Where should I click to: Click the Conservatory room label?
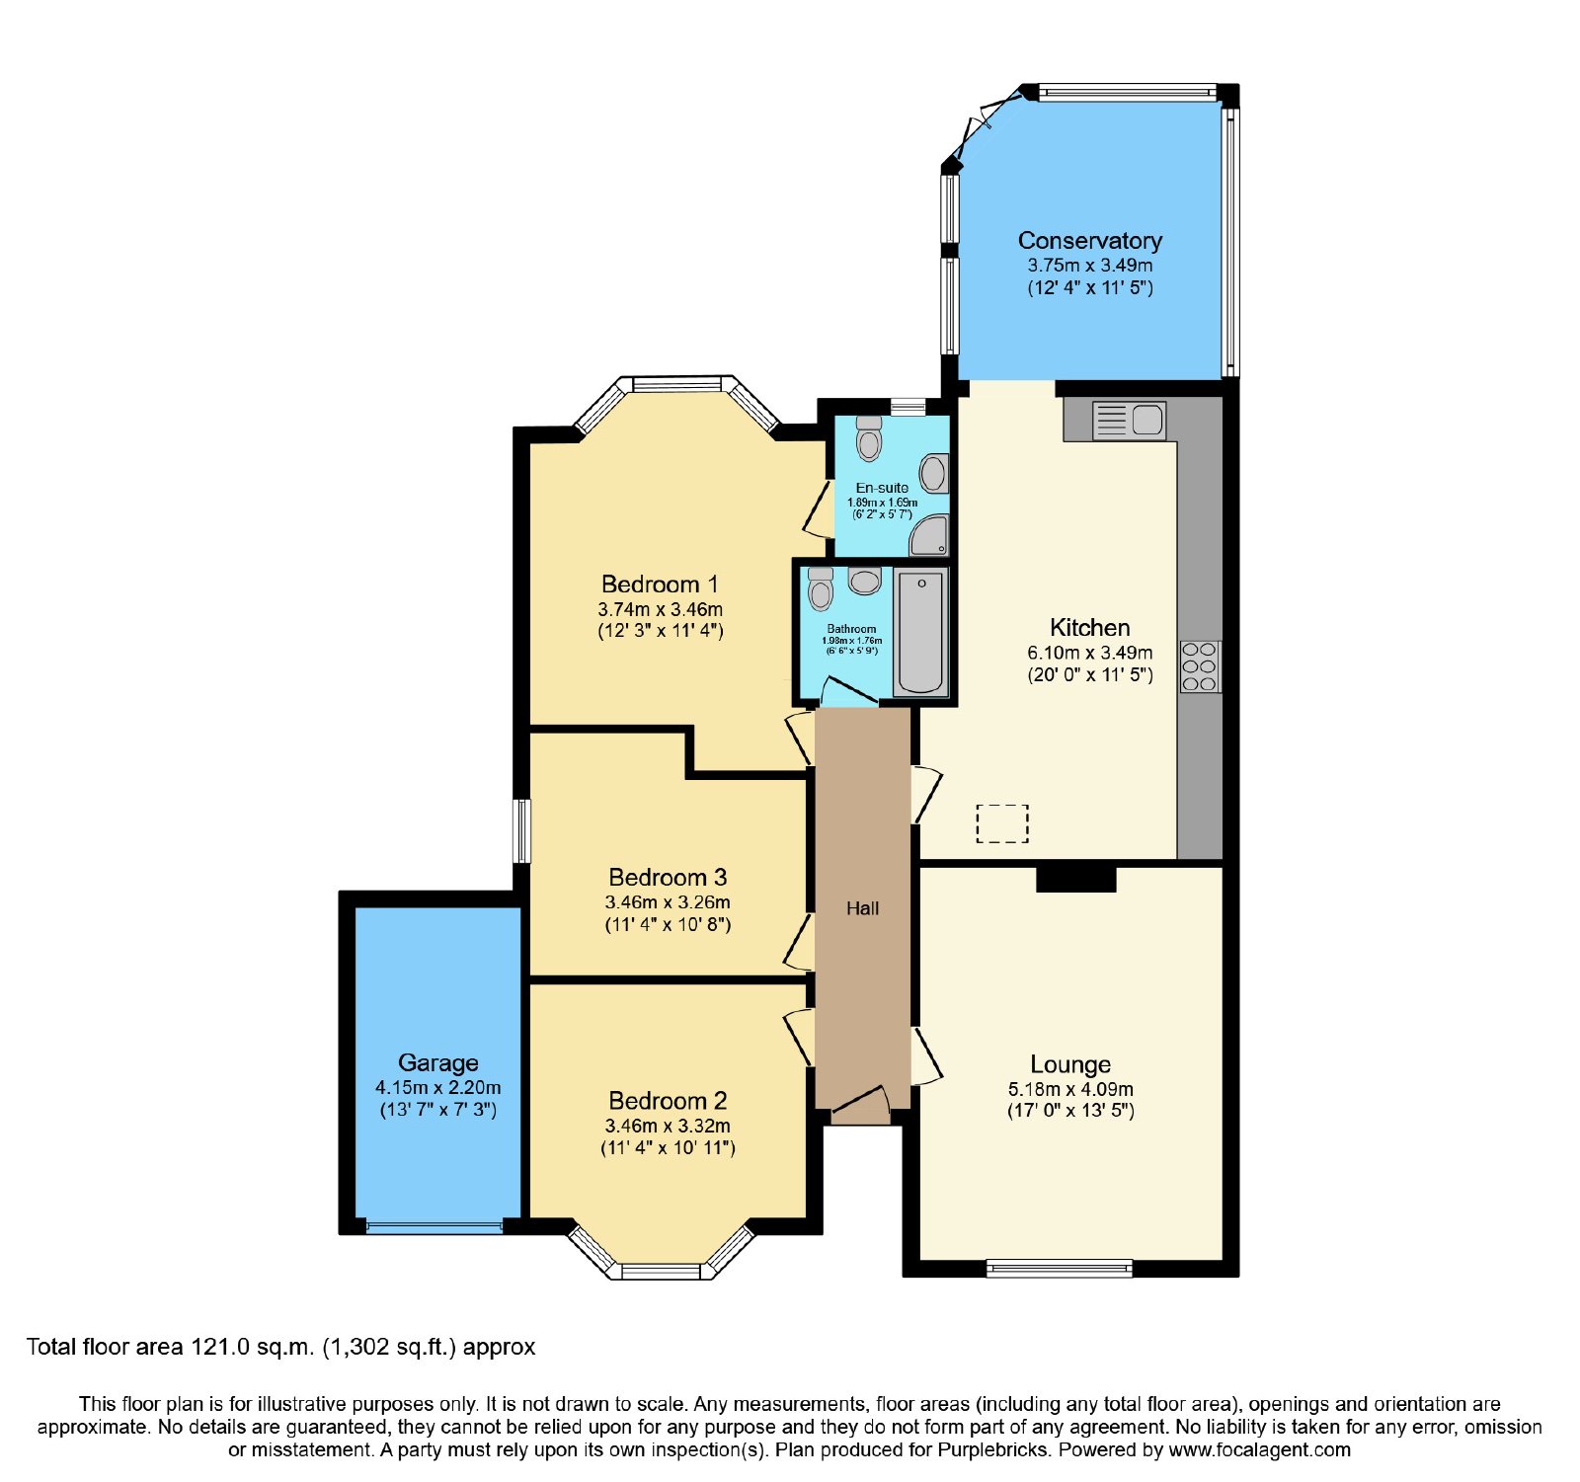[x=1089, y=241]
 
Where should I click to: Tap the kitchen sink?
[x=1130, y=421]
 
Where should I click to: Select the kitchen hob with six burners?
[x=1200, y=666]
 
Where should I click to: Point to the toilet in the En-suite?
[x=869, y=438]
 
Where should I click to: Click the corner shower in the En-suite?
[x=929, y=536]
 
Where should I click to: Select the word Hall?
[x=862, y=908]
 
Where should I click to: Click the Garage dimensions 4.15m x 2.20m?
[x=437, y=1087]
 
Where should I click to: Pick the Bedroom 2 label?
[x=668, y=1101]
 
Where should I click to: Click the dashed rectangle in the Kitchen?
[x=1002, y=823]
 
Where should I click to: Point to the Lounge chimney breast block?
[x=1075, y=879]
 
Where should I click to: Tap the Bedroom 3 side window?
[x=521, y=831]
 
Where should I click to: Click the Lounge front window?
[x=1060, y=1268]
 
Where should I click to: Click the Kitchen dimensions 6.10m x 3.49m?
[x=1089, y=653]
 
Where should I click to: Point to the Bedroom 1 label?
[x=660, y=585]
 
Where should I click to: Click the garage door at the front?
[x=434, y=1227]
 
